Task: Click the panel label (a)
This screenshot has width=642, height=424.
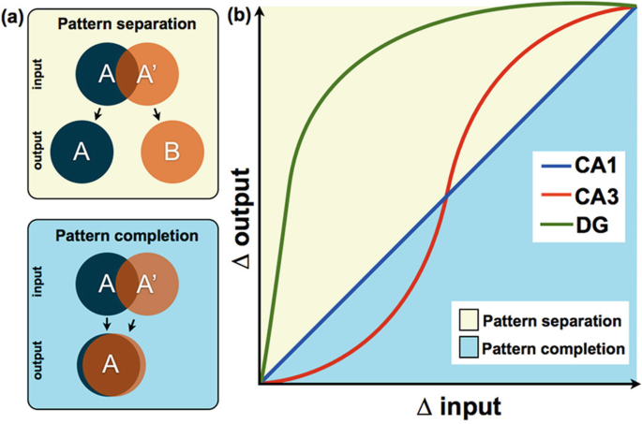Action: click(x=12, y=19)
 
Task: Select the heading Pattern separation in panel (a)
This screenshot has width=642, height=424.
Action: click(x=127, y=23)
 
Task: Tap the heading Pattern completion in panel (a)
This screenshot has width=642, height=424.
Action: click(x=127, y=236)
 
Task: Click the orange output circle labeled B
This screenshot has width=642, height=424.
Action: click(x=172, y=152)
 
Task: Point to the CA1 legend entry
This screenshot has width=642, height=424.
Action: click(x=579, y=166)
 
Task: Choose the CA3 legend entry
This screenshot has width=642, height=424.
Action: click(x=580, y=197)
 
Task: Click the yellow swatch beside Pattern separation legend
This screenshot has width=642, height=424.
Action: click(x=469, y=320)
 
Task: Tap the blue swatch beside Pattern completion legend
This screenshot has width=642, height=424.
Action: click(x=469, y=347)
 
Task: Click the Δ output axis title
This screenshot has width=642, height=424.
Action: click(x=242, y=219)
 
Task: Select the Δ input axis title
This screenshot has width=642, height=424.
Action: click(x=459, y=407)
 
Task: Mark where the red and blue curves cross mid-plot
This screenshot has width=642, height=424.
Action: click(x=446, y=197)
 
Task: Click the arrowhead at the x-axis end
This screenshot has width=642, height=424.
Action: click(x=635, y=384)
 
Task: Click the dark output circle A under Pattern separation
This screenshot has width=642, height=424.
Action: click(x=82, y=152)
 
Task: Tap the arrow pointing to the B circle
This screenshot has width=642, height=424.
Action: click(x=156, y=114)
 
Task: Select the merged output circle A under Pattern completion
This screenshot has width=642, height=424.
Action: click(x=111, y=365)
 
